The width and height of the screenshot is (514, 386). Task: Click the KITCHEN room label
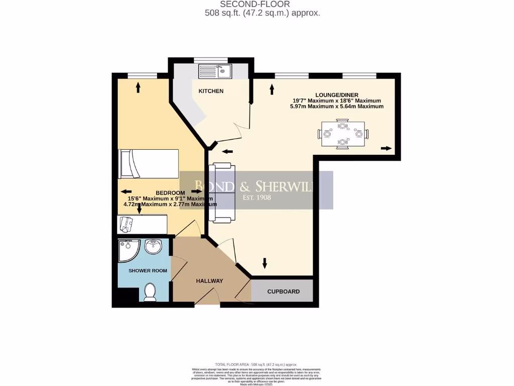pos(211,91)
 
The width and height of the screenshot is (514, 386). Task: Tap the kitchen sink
pos(214,71)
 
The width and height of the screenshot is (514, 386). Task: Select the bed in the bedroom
pos(148,163)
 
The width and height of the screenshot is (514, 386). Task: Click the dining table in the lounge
pos(343,134)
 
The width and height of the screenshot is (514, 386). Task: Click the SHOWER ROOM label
pos(148,271)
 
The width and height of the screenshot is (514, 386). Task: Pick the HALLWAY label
pos(209,281)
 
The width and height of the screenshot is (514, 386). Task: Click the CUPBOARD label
pos(283,292)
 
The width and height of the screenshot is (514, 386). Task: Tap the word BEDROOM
pos(170,192)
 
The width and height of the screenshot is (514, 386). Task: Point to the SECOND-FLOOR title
pos(262,5)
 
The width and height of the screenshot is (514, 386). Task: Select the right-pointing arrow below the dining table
pos(386,148)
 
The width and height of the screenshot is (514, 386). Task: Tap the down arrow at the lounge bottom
pos(265,263)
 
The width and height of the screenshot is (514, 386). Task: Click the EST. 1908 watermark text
pos(256,198)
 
